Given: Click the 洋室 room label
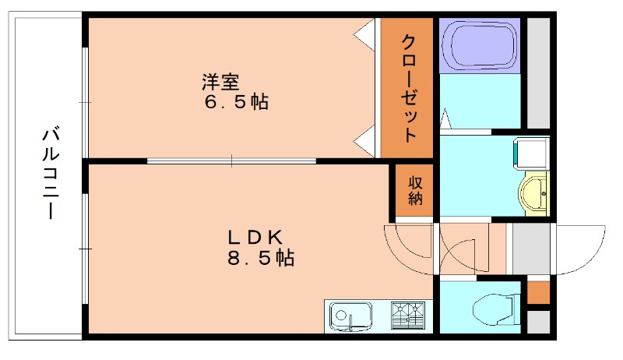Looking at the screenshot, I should tap(225, 81).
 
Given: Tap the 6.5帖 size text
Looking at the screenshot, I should tap(234, 101).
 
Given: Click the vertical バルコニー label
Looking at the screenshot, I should tap(49, 174).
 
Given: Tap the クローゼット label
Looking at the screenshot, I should tap(409, 87).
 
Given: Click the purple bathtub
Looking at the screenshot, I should tap(478, 45).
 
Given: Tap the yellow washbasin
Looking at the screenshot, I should tap(534, 192).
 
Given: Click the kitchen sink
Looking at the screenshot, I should tap(344, 316).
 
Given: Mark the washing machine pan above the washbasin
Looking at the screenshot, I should tap(531, 154).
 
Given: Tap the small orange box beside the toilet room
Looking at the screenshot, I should tap(538, 292).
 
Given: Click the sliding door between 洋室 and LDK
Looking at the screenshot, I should tap(231, 161).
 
